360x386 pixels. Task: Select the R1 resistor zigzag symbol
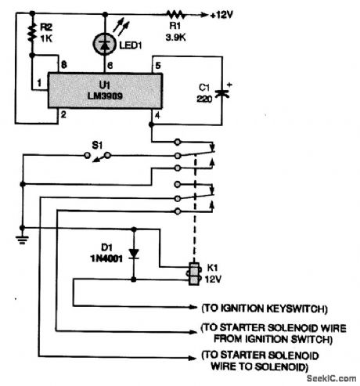coord(177,13)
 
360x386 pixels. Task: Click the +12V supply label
coord(226,14)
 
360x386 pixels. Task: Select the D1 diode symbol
coord(134,254)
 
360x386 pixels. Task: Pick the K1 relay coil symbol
coord(191,273)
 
